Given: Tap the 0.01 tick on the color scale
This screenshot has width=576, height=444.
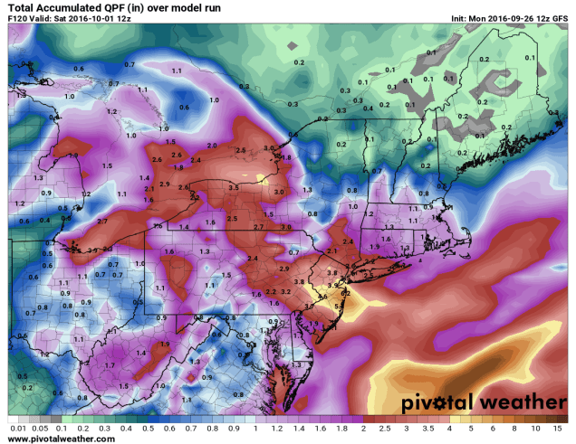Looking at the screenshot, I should (x=15, y=427).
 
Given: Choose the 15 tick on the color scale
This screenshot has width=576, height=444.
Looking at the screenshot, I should (x=562, y=427).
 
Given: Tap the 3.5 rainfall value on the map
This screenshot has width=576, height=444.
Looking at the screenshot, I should (x=234, y=186).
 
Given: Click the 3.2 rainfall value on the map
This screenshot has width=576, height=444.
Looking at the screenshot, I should (x=285, y=292).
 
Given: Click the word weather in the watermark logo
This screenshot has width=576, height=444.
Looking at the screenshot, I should (x=519, y=399).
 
